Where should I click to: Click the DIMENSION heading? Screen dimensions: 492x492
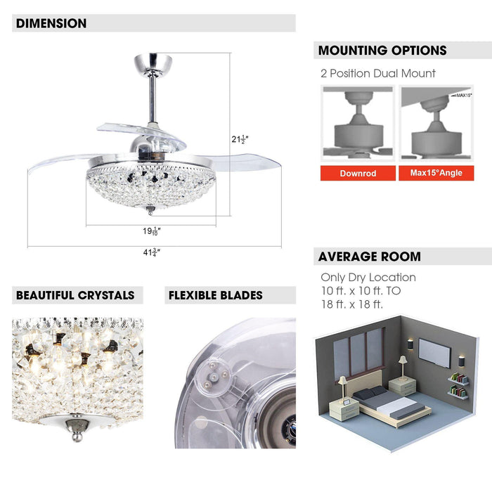click(51, 23)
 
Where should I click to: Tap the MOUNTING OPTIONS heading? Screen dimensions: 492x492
click(382, 50)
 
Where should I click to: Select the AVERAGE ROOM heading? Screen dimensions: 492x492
click(370, 257)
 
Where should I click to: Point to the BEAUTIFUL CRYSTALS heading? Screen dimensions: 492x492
click(75, 295)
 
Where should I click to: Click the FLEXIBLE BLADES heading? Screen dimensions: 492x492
click(216, 295)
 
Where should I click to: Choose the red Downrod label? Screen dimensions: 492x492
click(358, 173)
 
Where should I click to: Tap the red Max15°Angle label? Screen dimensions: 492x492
click(436, 173)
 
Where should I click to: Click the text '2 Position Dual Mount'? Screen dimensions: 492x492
click(378, 73)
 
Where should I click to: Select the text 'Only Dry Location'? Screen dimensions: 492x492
click(368, 277)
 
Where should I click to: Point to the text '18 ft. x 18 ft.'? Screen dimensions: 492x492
click(352, 304)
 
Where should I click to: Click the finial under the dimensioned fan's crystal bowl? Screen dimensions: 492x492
click(151, 210)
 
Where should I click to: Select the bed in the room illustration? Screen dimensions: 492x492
click(391, 403)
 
